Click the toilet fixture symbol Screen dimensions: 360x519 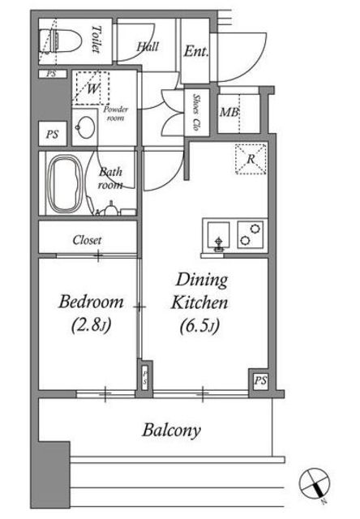tap(60, 41)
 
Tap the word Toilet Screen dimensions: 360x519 tap(96, 39)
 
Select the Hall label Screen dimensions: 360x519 tap(148, 46)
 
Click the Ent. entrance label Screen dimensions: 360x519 tap(196, 51)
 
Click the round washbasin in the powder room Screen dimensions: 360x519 tap(87, 127)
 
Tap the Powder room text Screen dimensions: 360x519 tap(115, 114)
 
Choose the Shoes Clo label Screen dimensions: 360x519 tap(197, 112)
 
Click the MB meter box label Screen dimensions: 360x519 tap(229, 112)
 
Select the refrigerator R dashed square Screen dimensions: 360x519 tap(251, 159)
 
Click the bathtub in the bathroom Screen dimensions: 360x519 tap(65, 183)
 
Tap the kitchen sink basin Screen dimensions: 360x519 tap(218, 235)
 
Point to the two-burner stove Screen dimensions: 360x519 tap(251, 234)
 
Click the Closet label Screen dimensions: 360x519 tap(88, 240)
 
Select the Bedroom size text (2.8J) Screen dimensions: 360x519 tap(92, 324)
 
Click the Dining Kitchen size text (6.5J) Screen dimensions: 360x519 tap(199, 326)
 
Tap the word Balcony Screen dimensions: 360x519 tap(172, 431)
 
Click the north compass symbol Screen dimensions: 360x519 tap(315, 484)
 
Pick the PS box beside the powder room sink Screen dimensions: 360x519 tap(53, 134)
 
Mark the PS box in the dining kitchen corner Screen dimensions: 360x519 tap(260, 380)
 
